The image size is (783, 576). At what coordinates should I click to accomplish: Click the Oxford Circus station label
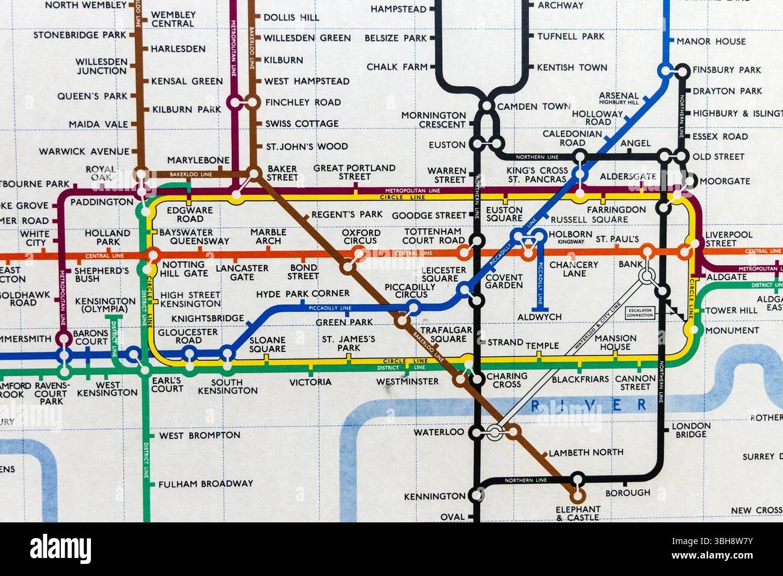[361, 237]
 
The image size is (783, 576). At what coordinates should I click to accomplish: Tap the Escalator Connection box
[640, 312]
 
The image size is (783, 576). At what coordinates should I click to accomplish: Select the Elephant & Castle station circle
[577, 496]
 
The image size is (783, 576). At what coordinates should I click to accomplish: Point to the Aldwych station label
[539, 317]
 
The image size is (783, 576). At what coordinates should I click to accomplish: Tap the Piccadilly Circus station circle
[413, 309]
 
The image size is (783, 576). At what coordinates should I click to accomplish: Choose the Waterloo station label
[439, 432]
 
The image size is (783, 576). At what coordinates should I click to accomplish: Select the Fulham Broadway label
[206, 483]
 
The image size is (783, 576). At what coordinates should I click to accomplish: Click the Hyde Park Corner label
[302, 293]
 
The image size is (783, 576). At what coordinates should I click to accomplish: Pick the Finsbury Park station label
[726, 70]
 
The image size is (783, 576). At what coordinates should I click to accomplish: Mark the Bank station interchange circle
[646, 277]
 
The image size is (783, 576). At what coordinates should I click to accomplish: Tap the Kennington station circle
[476, 496]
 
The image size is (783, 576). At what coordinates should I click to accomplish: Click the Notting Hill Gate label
[184, 269]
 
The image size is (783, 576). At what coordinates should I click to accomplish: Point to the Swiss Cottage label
[302, 124]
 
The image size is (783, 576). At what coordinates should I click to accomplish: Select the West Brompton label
[199, 435]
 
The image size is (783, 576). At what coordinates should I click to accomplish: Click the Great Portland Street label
[354, 172]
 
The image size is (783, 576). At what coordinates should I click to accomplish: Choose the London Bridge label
[691, 430]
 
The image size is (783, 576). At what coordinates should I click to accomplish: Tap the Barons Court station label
[90, 337]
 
